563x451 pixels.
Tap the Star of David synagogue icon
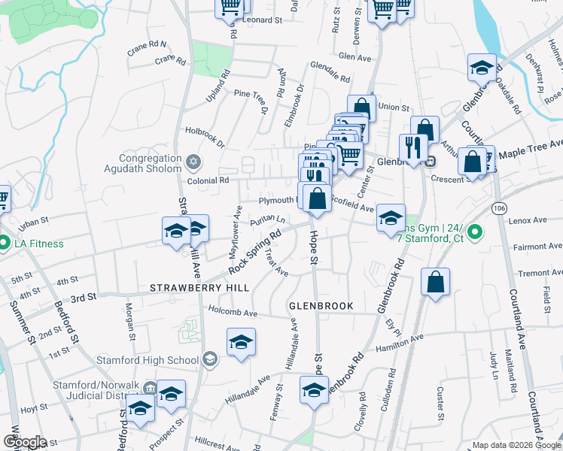[193, 162]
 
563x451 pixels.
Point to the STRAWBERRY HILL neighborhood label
[188, 288]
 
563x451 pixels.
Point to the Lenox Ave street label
[528, 220]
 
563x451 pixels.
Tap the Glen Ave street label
[355, 56]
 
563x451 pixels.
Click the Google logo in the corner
[25, 442]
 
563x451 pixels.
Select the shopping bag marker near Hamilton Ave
[435, 283]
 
